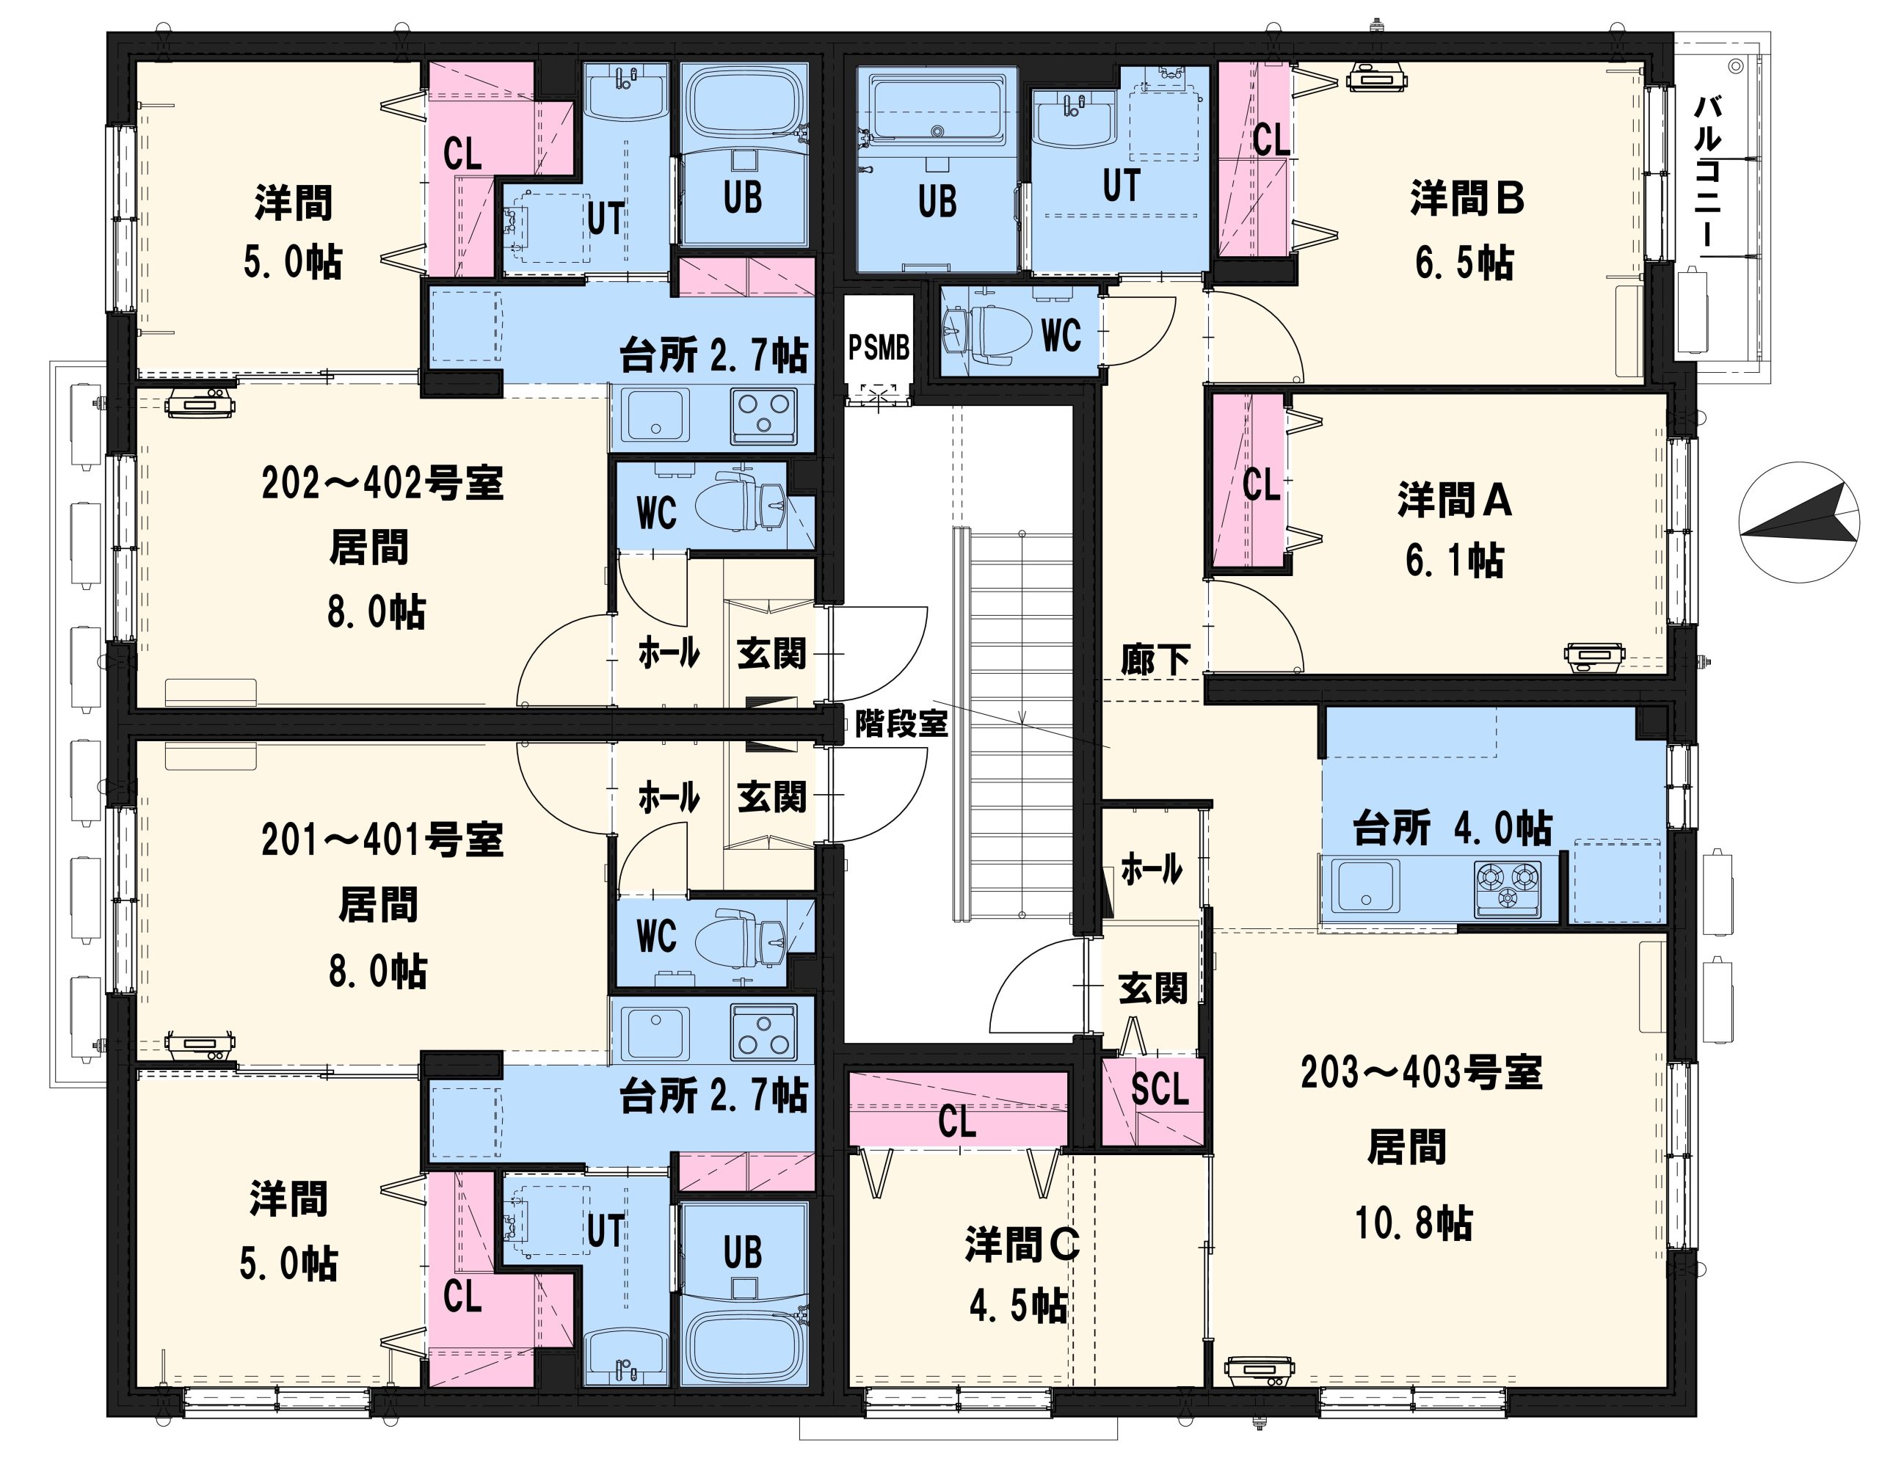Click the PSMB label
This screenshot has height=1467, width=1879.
click(879, 348)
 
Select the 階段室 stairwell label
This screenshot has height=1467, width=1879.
click(901, 724)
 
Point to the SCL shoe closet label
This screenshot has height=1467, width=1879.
click(1160, 1089)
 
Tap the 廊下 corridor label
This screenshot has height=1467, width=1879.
click(1155, 660)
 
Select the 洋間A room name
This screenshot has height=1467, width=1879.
click(1454, 500)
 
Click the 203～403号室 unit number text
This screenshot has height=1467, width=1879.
click(1421, 1073)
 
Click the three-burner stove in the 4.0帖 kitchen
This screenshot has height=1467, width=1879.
click(1508, 887)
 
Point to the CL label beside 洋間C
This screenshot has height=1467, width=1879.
click(956, 1122)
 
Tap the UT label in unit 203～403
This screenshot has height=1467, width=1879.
click(1122, 184)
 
